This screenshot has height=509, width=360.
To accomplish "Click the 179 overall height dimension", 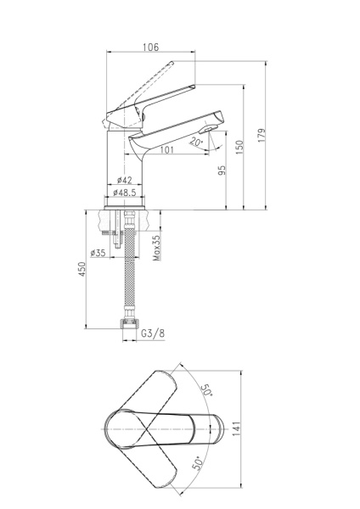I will (x=262, y=134).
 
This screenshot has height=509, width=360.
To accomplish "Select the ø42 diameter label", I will (x=124, y=180).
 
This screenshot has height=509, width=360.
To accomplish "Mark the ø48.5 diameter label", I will (x=127, y=194).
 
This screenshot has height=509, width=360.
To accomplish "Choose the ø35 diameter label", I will (x=98, y=253).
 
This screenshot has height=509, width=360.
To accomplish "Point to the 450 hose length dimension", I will (x=82, y=270).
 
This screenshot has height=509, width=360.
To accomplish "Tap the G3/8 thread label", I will (x=153, y=333).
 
